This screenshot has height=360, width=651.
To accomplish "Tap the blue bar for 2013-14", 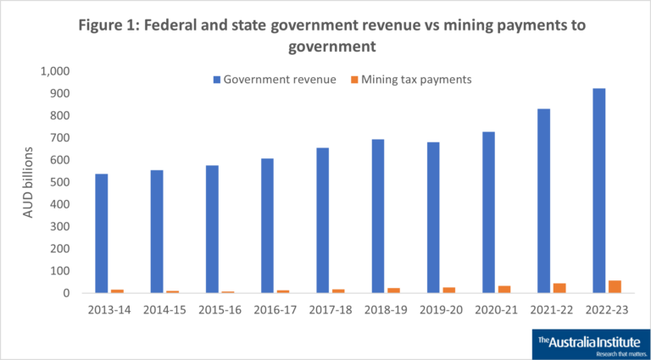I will [x=102, y=233].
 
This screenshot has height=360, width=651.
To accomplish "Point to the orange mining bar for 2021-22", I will [x=559, y=288].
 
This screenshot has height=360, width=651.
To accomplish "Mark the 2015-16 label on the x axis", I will [x=220, y=309].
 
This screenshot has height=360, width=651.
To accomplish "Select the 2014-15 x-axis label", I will [x=164, y=309].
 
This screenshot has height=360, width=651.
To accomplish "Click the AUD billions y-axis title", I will [x=28, y=182].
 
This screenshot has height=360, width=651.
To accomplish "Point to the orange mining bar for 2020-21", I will [x=504, y=290].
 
